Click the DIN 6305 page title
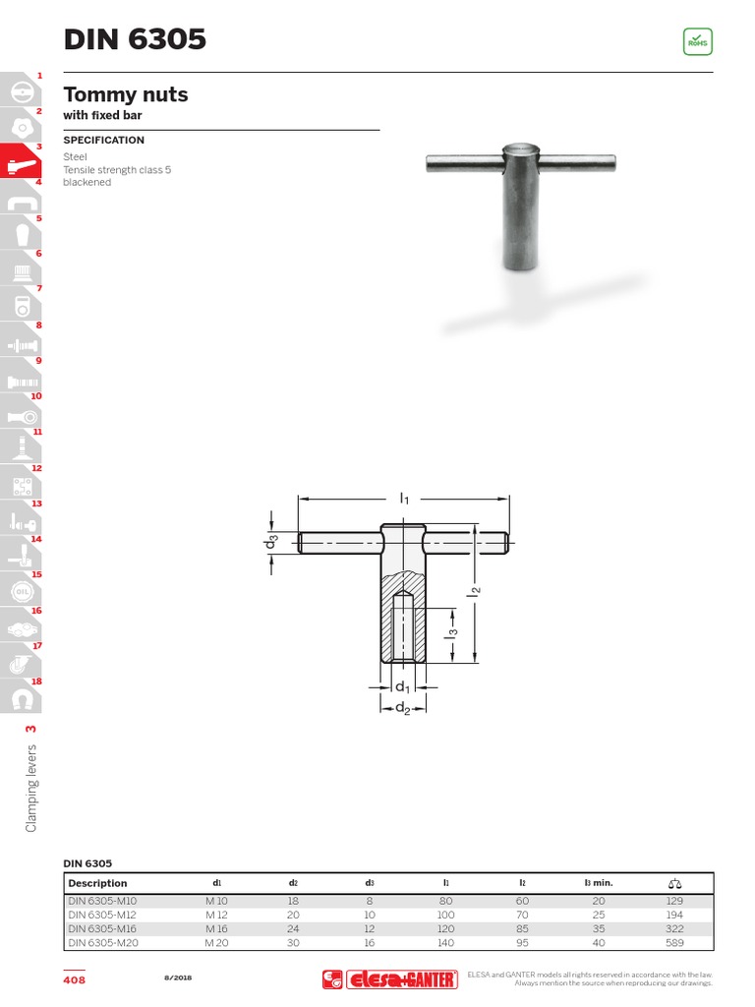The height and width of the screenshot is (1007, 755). [135, 39]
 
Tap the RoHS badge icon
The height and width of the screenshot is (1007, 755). [697, 42]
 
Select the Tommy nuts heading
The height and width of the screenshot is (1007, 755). [126, 95]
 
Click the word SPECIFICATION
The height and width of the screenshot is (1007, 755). [103, 141]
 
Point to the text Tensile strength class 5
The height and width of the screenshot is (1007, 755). [117, 169]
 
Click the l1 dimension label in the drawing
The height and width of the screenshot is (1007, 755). [404, 500]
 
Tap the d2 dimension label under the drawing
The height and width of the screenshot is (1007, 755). [403, 709]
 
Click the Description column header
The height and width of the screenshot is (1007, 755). [97, 883]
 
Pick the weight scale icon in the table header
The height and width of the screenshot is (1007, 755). [673, 883]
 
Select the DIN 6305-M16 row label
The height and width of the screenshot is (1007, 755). [102, 928]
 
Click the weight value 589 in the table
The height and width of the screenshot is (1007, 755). [673, 943]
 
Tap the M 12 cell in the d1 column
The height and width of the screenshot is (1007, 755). [216, 915]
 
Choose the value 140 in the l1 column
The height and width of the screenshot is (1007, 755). [445, 943]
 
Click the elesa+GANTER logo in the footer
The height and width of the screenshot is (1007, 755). [390, 979]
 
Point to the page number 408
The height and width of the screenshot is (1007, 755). [74, 979]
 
